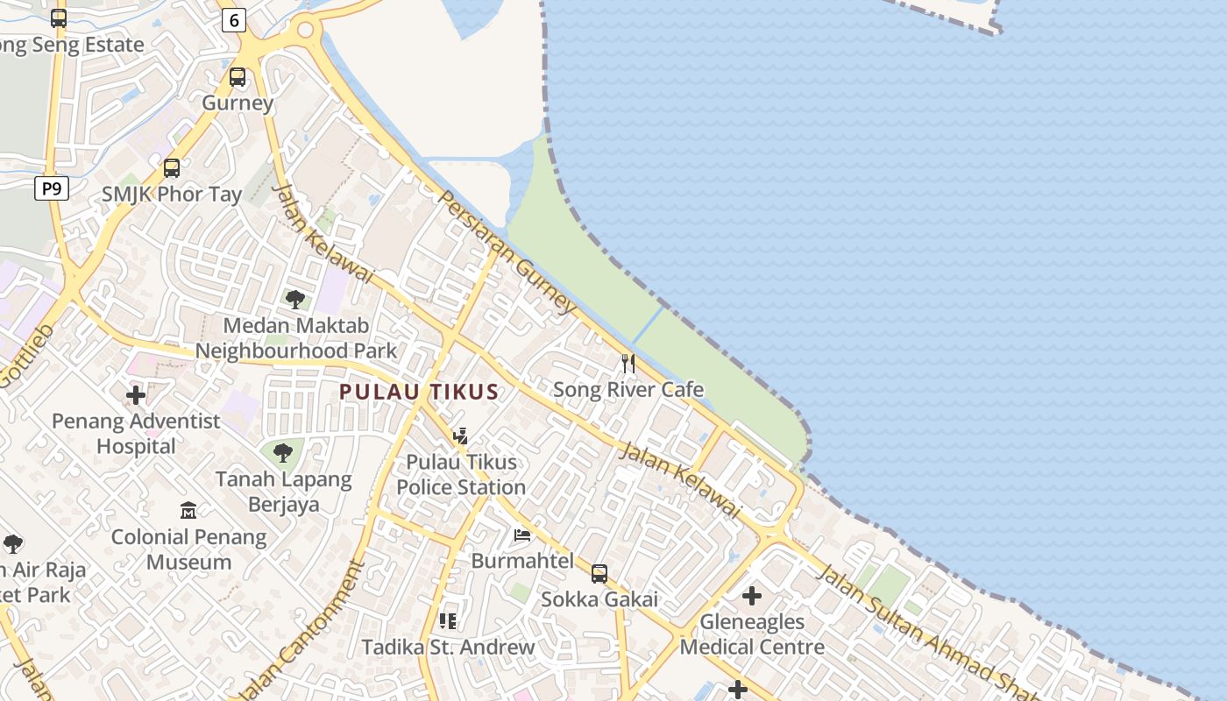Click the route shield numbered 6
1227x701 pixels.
click(x=233, y=20)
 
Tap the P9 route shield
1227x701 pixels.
click(x=52, y=188)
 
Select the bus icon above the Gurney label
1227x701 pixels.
click(x=238, y=77)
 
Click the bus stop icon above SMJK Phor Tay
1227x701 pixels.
click(x=172, y=167)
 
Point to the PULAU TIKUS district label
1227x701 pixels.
click(x=419, y=392)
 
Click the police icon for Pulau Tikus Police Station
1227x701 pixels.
click(x=460, y=435)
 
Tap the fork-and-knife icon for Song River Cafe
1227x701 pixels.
click(x=628, y=363)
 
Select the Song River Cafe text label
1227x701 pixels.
click(x=628, y=389)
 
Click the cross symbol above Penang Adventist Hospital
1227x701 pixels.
click(x=136, y=395)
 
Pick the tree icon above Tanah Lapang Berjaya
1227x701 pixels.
click(x=282, y=453)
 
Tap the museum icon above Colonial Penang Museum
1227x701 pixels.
click(x=188, y=510)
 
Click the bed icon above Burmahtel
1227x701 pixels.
click(x=522, y=535)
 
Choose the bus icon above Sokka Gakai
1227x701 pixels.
click(x=599, y=574)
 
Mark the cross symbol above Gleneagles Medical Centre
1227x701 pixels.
click(x=751, y=596)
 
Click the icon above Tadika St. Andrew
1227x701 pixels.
click(x=448, y=621)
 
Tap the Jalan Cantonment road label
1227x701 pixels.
click(x=319, y=629)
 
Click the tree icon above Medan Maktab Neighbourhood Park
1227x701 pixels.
click(x=295, y=300)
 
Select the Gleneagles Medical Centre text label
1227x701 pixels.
click(x=752, y=634)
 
